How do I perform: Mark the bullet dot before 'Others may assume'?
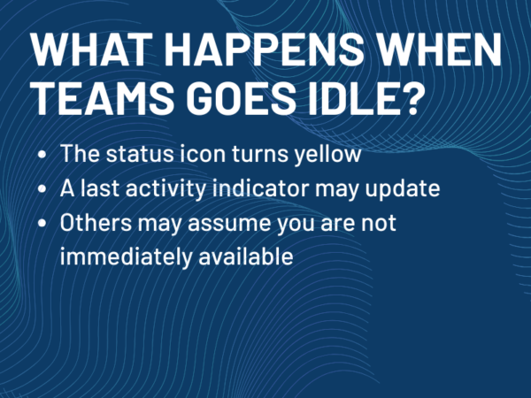tap(44, 223)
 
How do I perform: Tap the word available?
tap(242, 256)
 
